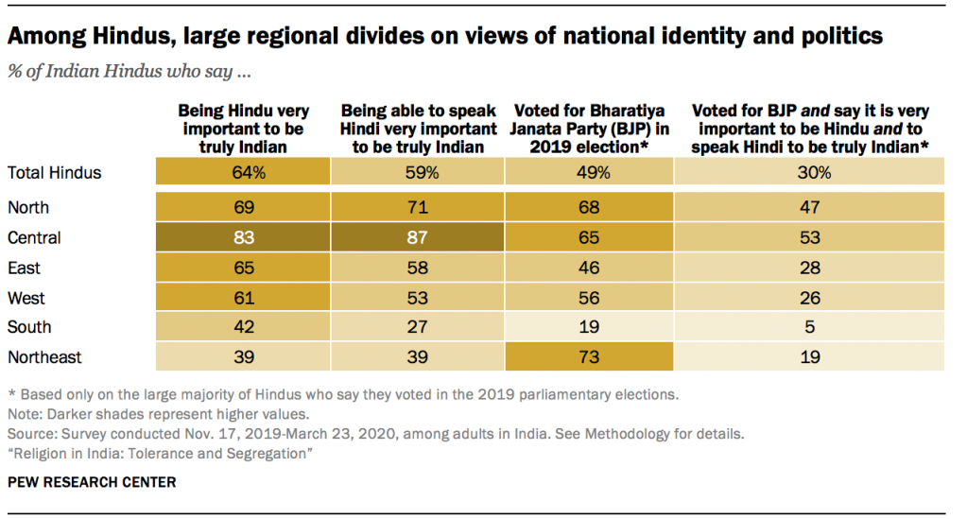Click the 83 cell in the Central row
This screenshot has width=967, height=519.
coord(244,237)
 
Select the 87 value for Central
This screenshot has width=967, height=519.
coord(417,237)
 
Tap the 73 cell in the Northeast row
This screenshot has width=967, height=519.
coord(590,357)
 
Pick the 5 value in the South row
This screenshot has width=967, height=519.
coord(808,327)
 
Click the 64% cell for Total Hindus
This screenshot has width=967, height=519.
coord(244,172)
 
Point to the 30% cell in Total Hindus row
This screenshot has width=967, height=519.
coord(808,172)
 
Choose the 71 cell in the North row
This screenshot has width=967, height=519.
coord(417,207)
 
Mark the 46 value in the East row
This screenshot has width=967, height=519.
coord(590,268)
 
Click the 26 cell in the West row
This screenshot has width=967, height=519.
coord(808,298)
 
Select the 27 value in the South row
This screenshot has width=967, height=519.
coord(417,327)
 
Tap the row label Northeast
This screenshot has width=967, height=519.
coord(44,357)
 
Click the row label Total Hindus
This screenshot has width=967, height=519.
coord(54,172)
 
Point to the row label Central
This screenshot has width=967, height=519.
coord(34,237)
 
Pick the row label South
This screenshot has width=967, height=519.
coord(29,327)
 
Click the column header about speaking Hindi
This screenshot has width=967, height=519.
coord(417,129)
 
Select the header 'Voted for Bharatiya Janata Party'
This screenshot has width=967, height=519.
coord(590,129)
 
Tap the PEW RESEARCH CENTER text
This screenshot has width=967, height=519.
coord(92,482)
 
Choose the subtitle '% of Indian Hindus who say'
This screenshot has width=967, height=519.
coord(129,70)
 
